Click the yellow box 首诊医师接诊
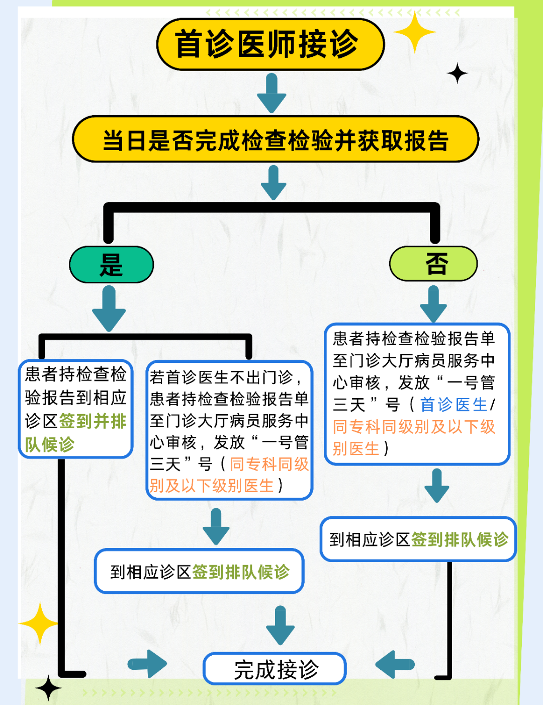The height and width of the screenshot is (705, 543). (x=270, y=44)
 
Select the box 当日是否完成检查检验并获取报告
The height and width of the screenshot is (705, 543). (x=276, y=139)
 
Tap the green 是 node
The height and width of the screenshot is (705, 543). (x=111, y=264)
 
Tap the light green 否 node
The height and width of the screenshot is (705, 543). (x=433, y=263)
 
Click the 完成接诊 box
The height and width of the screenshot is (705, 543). (x=275, y=669)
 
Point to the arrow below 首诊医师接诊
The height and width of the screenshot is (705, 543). (x=271, y=93)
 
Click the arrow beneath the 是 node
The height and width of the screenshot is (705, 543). (x=109, y=308)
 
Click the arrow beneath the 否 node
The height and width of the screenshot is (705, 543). (x=433, y=303)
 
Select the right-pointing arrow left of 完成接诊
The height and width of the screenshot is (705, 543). (x=148, y=664)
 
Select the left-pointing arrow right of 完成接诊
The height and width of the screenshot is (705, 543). (x=395, y=664)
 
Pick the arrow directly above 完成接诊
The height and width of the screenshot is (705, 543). (x=280, y=625)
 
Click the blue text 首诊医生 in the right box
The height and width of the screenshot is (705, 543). (x=454, y=405)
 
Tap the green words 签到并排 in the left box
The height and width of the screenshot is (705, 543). (x=93, y=421)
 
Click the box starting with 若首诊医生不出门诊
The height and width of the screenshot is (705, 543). (x=229, y=430)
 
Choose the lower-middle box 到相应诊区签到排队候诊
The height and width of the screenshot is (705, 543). (x=200, y=571)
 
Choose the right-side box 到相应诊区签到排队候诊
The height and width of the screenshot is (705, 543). (x=418, y=539)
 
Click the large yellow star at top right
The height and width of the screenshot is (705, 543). (x=415, y=32)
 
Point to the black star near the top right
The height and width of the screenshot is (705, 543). (x=457, y=74)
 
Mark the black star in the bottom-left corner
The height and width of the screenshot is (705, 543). (x=48, y=688)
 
